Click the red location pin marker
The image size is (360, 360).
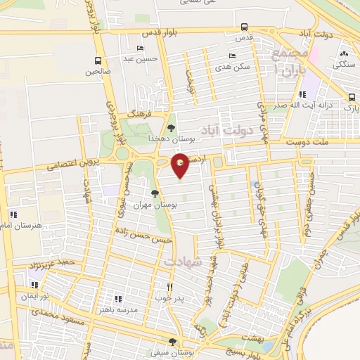[181, 165]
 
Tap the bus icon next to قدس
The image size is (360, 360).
[244, 28]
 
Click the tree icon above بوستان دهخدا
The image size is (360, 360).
[172, 128]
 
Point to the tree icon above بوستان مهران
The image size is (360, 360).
[155, 193]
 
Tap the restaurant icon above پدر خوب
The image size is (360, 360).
[169, 287]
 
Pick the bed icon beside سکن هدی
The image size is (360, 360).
[232, 56]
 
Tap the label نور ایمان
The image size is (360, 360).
[34, 296]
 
